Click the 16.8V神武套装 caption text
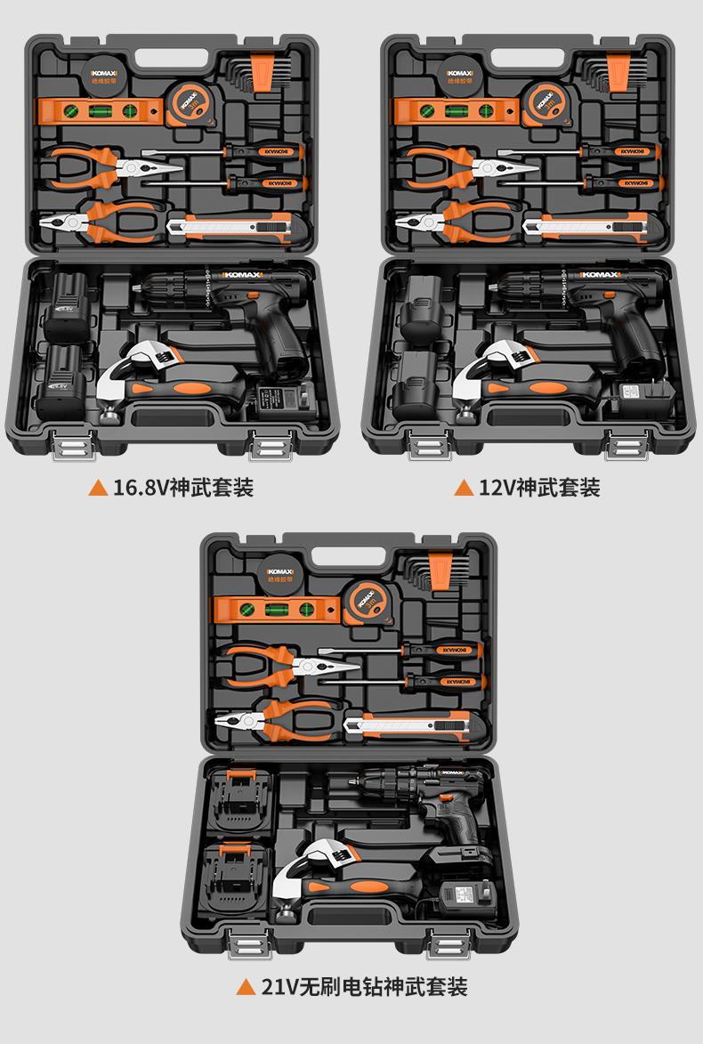182,488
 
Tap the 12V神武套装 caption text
539,488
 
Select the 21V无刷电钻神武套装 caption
364,986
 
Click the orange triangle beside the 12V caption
463,488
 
